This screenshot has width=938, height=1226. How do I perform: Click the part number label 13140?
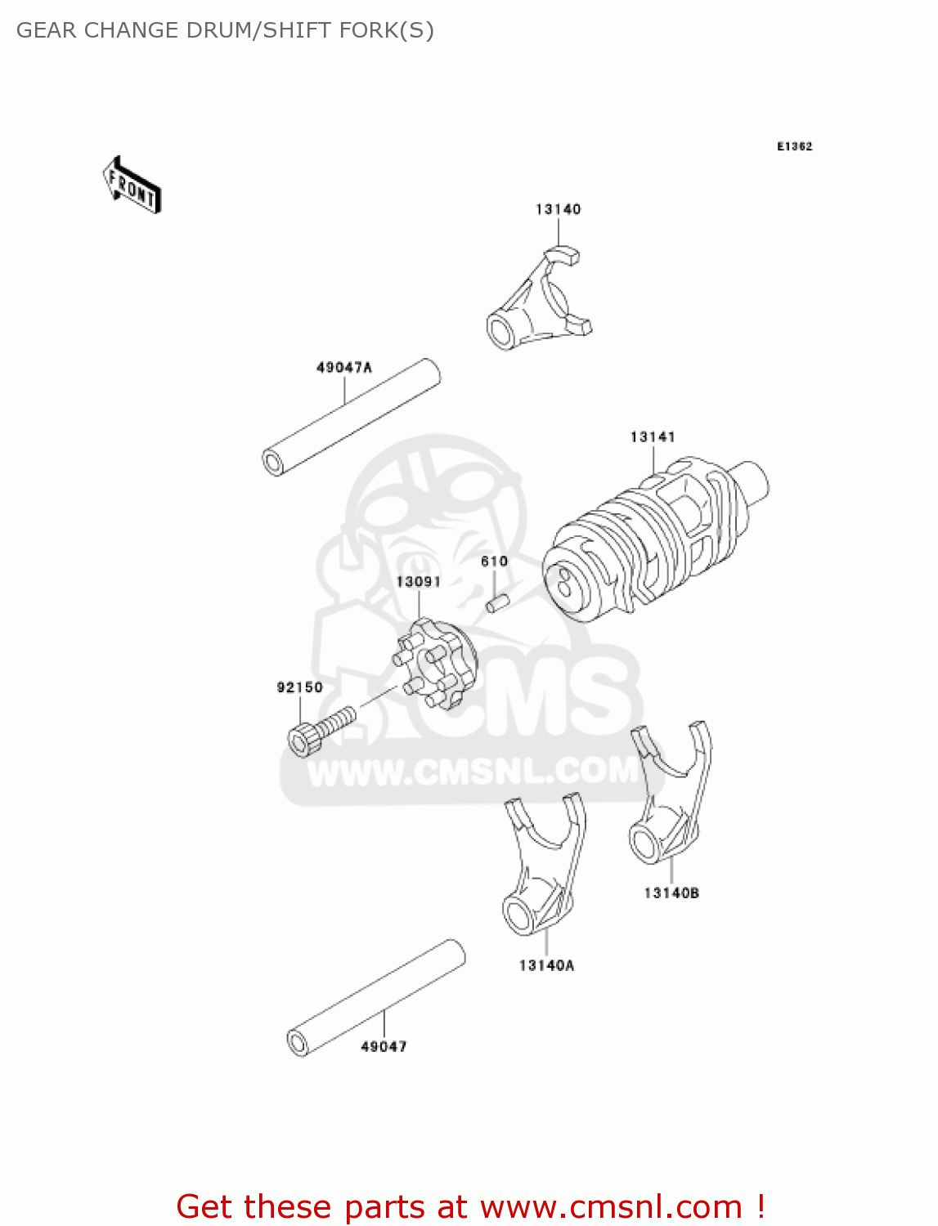[558, 209]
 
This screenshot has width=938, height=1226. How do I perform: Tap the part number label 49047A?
[343, 368]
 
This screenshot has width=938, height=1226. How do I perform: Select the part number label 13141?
[653, 437]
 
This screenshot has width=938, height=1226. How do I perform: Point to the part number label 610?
[494, 562]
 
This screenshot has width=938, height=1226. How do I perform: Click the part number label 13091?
[418, 582]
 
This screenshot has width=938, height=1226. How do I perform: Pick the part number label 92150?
[299, 687]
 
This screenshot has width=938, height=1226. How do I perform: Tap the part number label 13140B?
[671, 893]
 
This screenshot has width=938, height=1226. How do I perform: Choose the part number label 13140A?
[546, 965]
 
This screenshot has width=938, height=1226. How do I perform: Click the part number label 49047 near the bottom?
[384, 1046]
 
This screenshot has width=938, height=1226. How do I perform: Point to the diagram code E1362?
[794, 146]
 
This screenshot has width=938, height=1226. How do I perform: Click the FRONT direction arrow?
[132, 186]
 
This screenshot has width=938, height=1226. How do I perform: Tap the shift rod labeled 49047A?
[352, 417]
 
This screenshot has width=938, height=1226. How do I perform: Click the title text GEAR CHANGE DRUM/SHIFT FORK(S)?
[225, 30]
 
